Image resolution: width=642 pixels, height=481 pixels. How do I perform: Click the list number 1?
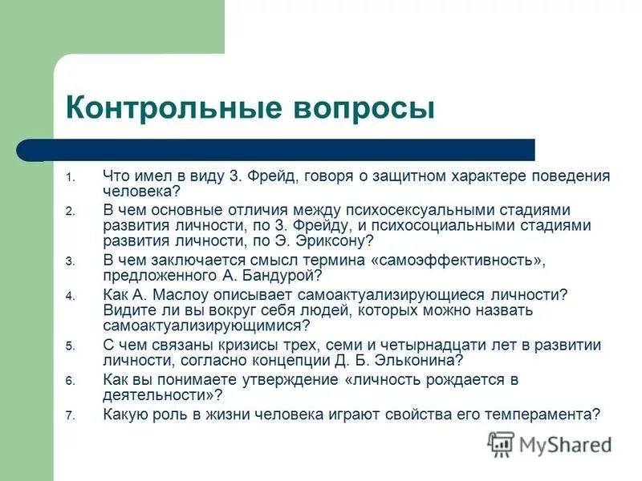click(70, 177)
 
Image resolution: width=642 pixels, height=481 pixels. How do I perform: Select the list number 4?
click(70, 297)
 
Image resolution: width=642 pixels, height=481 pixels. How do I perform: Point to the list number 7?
click(70, 415)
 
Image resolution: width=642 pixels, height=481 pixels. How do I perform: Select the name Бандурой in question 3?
click(282, 276)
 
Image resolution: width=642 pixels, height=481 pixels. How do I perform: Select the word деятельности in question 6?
click(160, 395)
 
